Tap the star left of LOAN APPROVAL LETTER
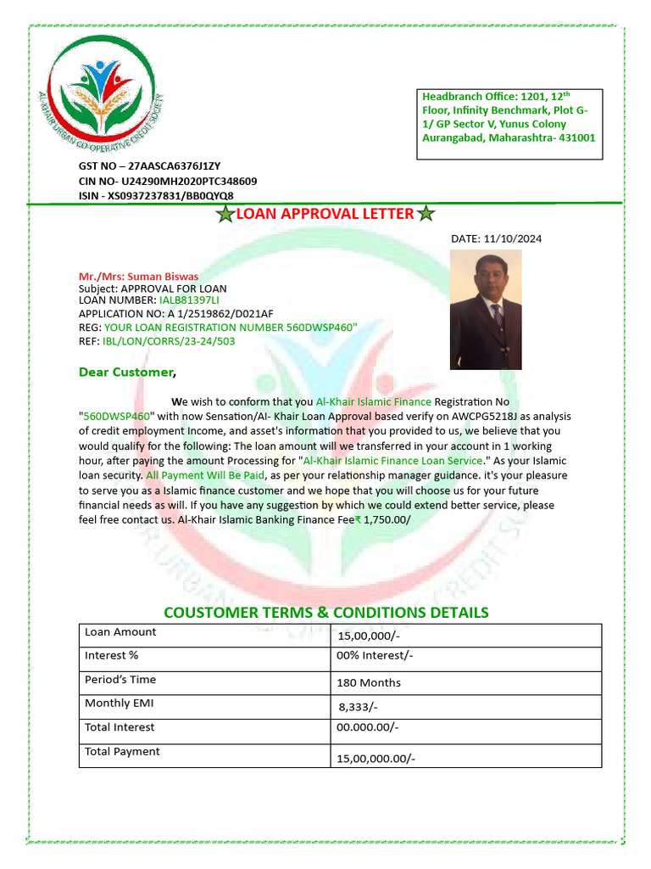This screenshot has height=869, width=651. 225,214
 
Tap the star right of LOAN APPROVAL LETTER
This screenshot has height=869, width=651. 426,214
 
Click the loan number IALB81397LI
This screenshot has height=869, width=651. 189,300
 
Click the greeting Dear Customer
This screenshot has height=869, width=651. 127,372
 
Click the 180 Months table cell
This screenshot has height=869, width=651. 370,682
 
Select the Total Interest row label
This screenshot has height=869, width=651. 120,727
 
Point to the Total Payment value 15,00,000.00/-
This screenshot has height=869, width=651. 376,759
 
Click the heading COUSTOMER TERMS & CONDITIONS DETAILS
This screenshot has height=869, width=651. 325,613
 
